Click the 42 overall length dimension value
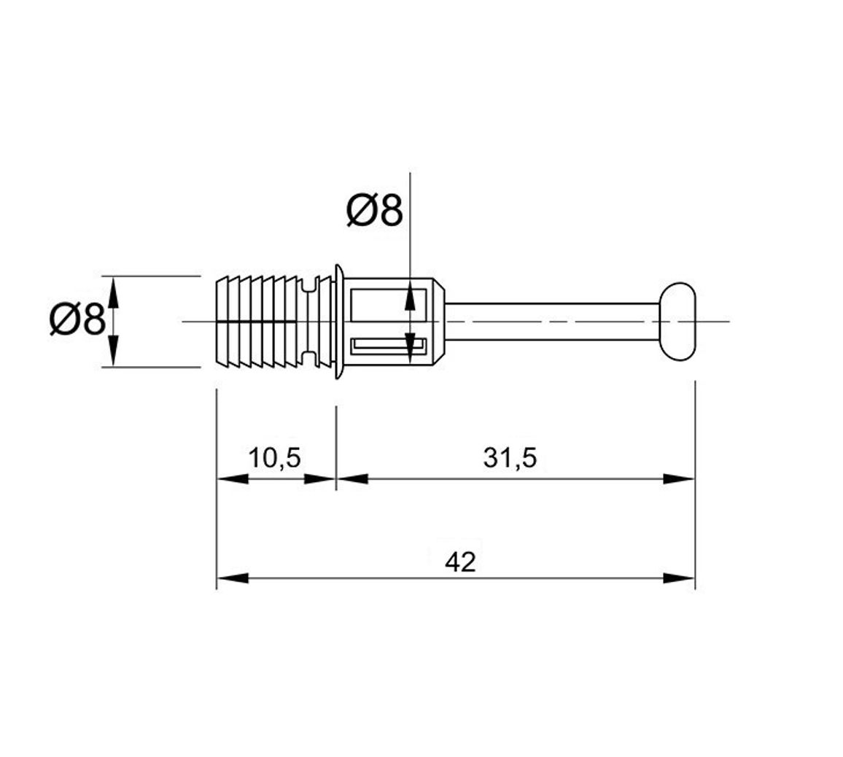(x=461, y=562)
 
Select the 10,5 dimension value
(x=275, y=458)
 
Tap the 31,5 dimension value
(x=510, y=458)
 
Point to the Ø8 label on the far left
(x=77, y=319)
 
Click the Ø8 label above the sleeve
(x=374, y=210)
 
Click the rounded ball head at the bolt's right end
(x=678, y=322)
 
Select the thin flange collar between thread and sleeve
(x=338, y=322)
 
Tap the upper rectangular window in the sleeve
(x=388, y=306)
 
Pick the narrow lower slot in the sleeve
(x=388, y=346)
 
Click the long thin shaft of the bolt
(x=552, y=322)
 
